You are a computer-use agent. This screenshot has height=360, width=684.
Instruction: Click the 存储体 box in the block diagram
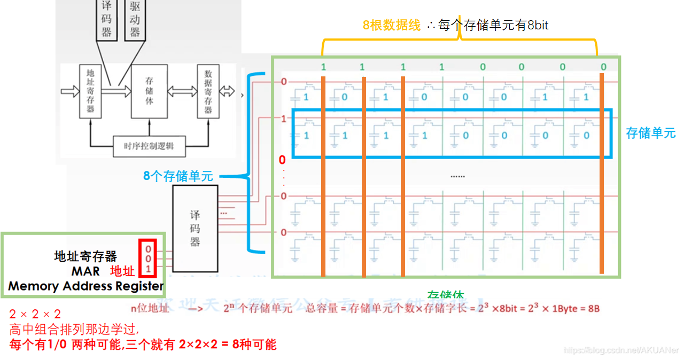pyautogui.click(x=149, y=91)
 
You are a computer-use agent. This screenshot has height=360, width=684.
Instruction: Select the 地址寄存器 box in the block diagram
pyautogui.click(x=90, y=91)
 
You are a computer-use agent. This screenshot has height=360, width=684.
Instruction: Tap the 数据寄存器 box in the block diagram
pyautogui.click(x=208, y=91)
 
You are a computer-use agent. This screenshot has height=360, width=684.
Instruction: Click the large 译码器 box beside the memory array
pyautogui.click(x=195, y=228)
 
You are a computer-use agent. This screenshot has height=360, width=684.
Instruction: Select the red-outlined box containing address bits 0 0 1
pyautogui.click(x=147, y=258)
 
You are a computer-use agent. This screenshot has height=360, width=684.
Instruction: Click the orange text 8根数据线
pyautogui.click(x=392, y=25)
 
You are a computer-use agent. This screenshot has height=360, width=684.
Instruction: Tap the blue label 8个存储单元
pyautogui.click(x=178, y=176)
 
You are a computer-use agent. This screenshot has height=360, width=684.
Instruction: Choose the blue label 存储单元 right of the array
pyautogui.click(x=650, y=133)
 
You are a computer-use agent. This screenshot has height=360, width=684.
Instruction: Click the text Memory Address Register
pyautogui.click(x=85, y=286)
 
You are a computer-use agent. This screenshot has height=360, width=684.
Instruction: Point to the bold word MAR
pyautogui.click(x=85, y=271)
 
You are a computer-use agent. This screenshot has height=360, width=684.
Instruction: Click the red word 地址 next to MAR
pyautogui.click(x=122, y=271)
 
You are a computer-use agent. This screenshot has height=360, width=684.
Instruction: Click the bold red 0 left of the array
pyautogui.click(x=282, y=160)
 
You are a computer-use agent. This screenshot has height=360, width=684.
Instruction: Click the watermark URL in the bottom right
pyautogui.click(x=621, y=350)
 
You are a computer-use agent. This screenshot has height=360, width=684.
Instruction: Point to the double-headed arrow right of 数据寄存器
pyautogui.click(x=228, y=91)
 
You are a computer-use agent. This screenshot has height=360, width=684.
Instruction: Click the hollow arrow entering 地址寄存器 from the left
pyautogui.click(x=69, y=91)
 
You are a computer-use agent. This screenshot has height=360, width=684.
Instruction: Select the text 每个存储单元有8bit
pyautogui.click(x=493, y=25)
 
